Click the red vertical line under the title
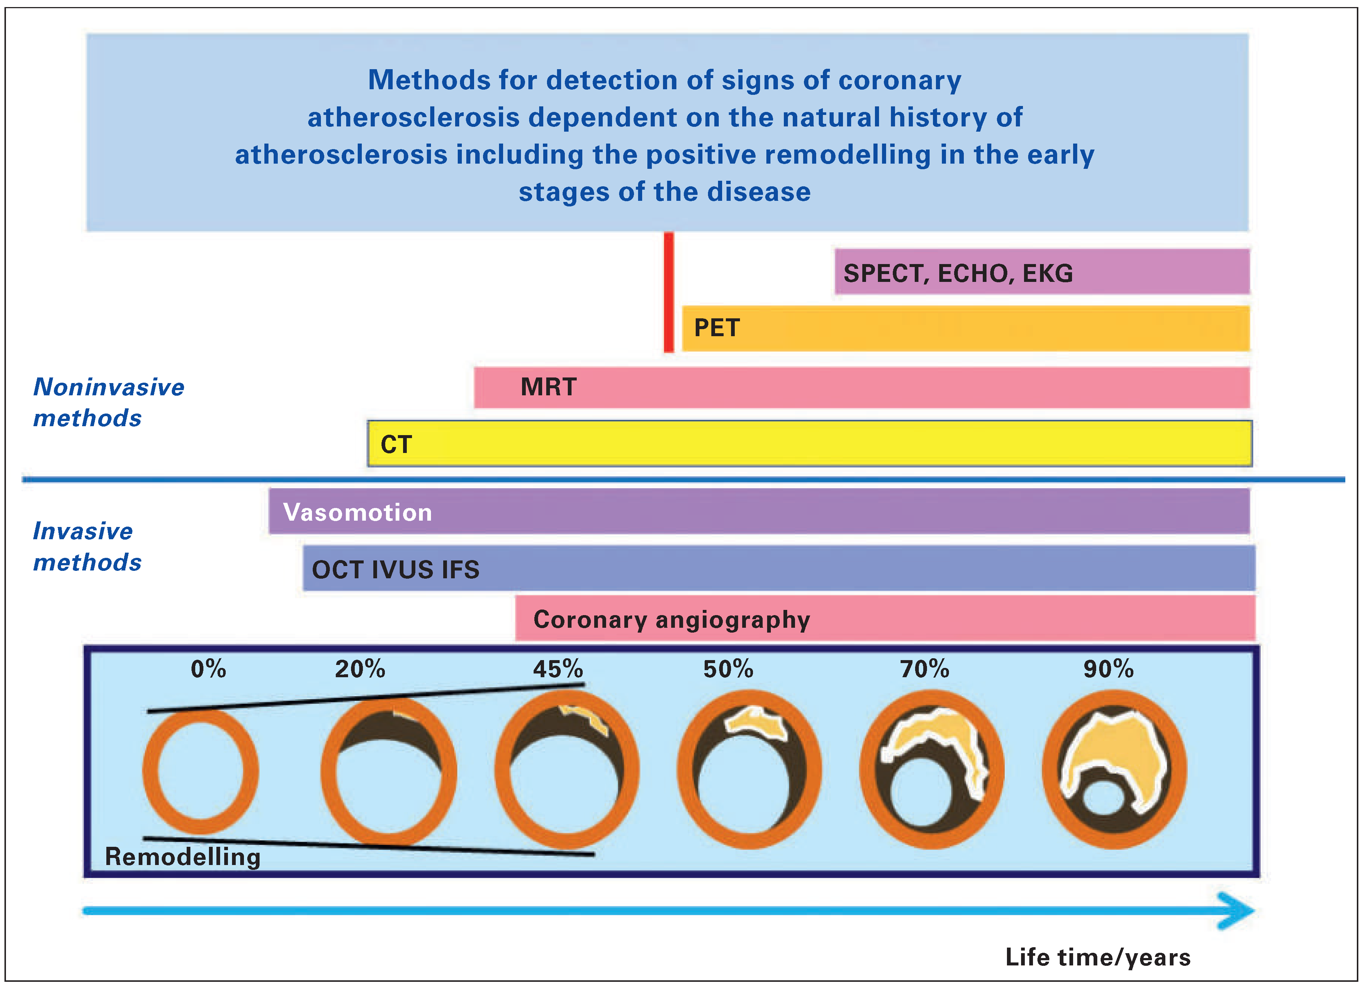point(668,293)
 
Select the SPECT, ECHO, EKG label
point(958,273)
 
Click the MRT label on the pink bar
point(548,387)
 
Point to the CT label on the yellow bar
point(396,445)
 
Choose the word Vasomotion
point(358,512)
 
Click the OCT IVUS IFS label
point(396,569)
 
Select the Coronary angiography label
point(671,620)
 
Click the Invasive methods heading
point(87,547)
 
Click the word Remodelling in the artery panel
point(183,857)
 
